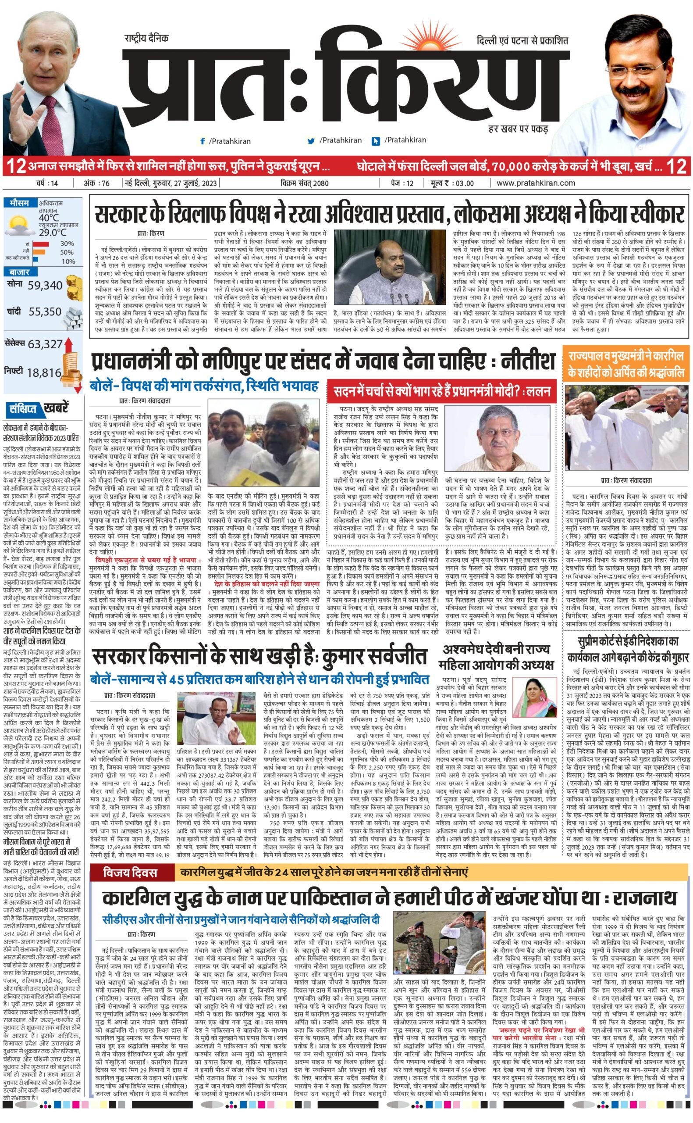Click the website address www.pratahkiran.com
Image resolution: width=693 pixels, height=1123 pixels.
[535, 183]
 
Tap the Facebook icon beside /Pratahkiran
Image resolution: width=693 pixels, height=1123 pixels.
[202, 141]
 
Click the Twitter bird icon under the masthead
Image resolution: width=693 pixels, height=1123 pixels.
[311, 141]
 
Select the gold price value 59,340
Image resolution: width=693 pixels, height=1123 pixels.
[45, 285]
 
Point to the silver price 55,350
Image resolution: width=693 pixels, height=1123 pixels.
[45, 312]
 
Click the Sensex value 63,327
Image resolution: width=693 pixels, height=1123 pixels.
[45, 343]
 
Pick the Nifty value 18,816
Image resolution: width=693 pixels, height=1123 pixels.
[44, 372]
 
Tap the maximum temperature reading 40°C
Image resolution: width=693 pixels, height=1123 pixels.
[49, 217]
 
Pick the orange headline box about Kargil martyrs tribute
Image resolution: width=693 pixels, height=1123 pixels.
[626, 364]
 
